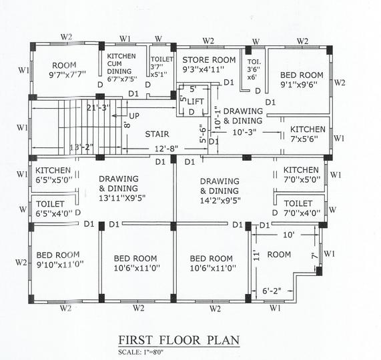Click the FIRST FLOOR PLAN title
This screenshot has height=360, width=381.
(179, 340)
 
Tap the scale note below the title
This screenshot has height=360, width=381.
(141, 352)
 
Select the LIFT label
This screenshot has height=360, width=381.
(196, 101)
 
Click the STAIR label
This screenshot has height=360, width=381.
(157, 134)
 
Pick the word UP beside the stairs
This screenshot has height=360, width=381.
(134, 116)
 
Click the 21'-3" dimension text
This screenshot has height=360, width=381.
(98, 107)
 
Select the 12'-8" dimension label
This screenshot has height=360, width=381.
(166, 148)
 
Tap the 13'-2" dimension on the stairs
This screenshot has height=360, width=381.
(81, 147)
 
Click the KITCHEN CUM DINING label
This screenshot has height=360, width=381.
(121, 67)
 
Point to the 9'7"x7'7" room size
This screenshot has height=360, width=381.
(67, 75)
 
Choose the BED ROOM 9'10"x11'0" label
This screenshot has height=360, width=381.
(60, 259)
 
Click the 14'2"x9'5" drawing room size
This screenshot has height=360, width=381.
(220, 201)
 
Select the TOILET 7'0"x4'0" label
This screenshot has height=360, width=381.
(302, 208)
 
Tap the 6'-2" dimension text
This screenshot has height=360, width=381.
(272, 291)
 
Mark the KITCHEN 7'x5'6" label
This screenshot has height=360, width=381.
(308, 134)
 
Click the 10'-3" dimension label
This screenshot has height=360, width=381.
(244, 132)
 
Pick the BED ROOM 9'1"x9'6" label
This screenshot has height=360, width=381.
(302, 79)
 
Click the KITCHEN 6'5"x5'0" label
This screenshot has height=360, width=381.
(54, 175)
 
